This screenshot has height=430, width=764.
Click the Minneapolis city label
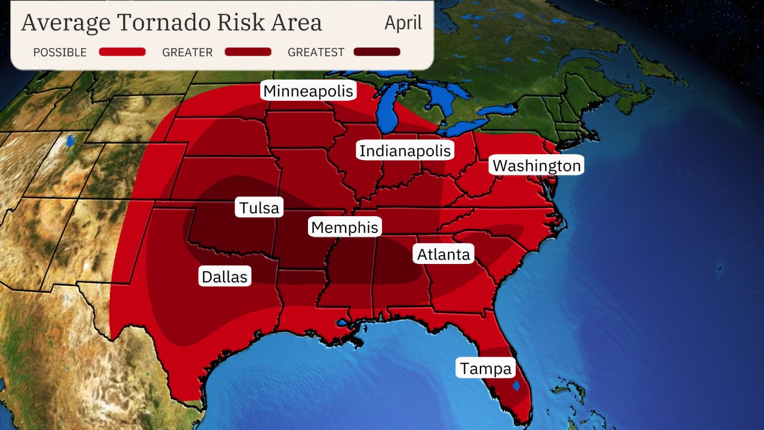pyautogui.click(x=309, y=91)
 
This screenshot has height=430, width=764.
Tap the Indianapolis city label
pyautogui.click(x=405, y=150)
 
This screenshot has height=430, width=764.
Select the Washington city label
pyautogui.click(x=537, y=165)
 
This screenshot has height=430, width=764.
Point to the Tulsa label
pyautogui.click(x=259, y=208)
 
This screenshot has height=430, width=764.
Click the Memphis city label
pyautogui.click(x=344, y=228)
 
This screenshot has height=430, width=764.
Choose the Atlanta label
pyautogui.click(x=443, y=254)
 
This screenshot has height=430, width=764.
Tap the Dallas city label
pyautogui.click(x=224, y=277)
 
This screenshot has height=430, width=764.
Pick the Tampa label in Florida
pyautogui.click(x=486, y=368)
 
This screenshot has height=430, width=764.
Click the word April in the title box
pyautogui.click(x=403, y=23)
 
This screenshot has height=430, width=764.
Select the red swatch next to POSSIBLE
pyautogui.click(x=122, y=52)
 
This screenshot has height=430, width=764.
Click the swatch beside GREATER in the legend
pyautogui.click(x=248, y=52)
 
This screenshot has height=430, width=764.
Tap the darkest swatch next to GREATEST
pyautogui.click(x=377, y=52)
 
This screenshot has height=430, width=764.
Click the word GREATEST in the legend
pyautogui.click(x=316, y=53)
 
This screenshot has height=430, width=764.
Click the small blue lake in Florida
pyautogui.click(x=516, y=385)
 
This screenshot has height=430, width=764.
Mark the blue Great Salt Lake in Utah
pyautogui.click(x=71, y=142)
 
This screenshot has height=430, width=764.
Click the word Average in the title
pyautogui.click(x=66, y=23)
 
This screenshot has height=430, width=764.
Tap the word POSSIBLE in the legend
pyautogui.click(x=60, y=53)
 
